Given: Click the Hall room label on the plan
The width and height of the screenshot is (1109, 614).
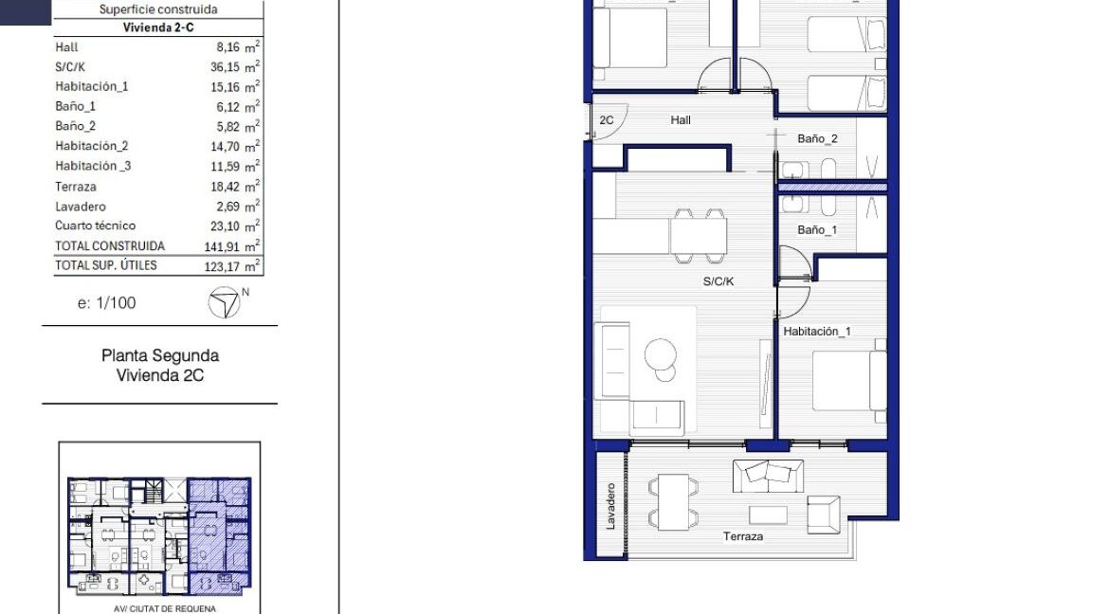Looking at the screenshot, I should pyautogui.click(x=681, y=120).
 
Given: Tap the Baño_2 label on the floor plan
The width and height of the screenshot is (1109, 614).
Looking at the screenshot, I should pyautogui.click(x=817, y=138).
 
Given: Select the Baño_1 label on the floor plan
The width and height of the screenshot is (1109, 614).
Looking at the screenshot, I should pyautogui.click(x=817, y=230).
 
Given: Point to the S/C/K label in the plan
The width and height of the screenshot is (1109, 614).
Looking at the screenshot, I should pyautogui.click(x=718, y=281).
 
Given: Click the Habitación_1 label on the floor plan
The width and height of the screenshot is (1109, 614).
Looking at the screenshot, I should pyautogui.click(x=817, y=332).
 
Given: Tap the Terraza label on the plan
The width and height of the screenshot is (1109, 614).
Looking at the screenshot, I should pyautogui.click(x=743, y=536).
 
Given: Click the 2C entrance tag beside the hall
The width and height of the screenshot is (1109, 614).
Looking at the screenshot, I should pyautogui.click(x=607, y=120).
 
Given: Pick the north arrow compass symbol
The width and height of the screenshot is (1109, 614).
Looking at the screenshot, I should pyautogui.click(x=224, y=302).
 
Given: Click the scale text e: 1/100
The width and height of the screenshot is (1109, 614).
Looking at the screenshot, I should pyautogui.click(x=106, y=303).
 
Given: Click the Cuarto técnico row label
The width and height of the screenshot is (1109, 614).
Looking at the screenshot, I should pyautogui.click(x=95, y=226).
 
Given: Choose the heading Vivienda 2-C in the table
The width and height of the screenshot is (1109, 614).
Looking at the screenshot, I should pyautogui.click(x=158, y=27).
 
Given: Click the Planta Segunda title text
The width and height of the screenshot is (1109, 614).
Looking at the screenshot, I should pyautogui.click(x=159, y=356).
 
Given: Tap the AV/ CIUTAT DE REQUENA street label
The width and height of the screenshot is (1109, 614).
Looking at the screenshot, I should pyautogui.click(x=164, y=608).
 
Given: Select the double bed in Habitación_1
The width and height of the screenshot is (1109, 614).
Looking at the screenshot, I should pyautogui.click(x=848, y=381).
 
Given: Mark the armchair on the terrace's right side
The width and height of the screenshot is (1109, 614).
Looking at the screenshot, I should pyautogui.click(x=823, y=514).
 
